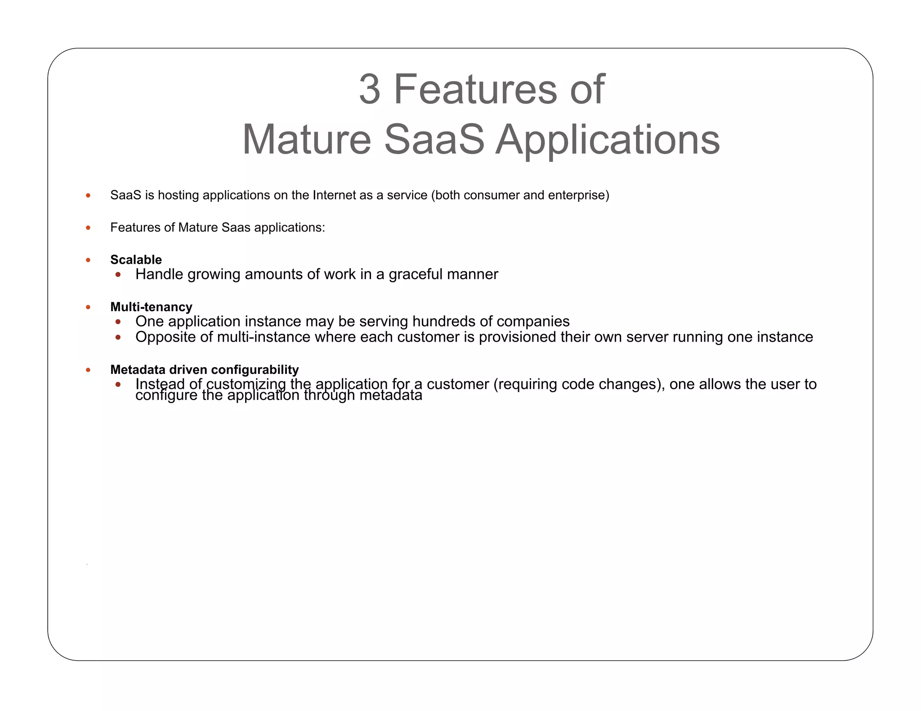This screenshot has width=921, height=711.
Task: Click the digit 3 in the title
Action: click(x=370, y=89)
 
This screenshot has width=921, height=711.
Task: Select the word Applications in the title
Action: click(x=608, y=140)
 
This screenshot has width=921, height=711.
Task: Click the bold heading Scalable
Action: click(x=136, y=260)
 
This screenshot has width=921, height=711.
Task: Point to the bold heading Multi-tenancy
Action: click(x=151, y=307)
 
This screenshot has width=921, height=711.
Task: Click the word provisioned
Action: click(x=518, y=337)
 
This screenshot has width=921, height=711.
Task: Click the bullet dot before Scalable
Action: click(x=88, y=260)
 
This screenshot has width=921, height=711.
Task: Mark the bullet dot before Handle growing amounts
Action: click(x=118, y=275)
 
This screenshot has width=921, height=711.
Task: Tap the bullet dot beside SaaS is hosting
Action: click(x=88, y=196)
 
